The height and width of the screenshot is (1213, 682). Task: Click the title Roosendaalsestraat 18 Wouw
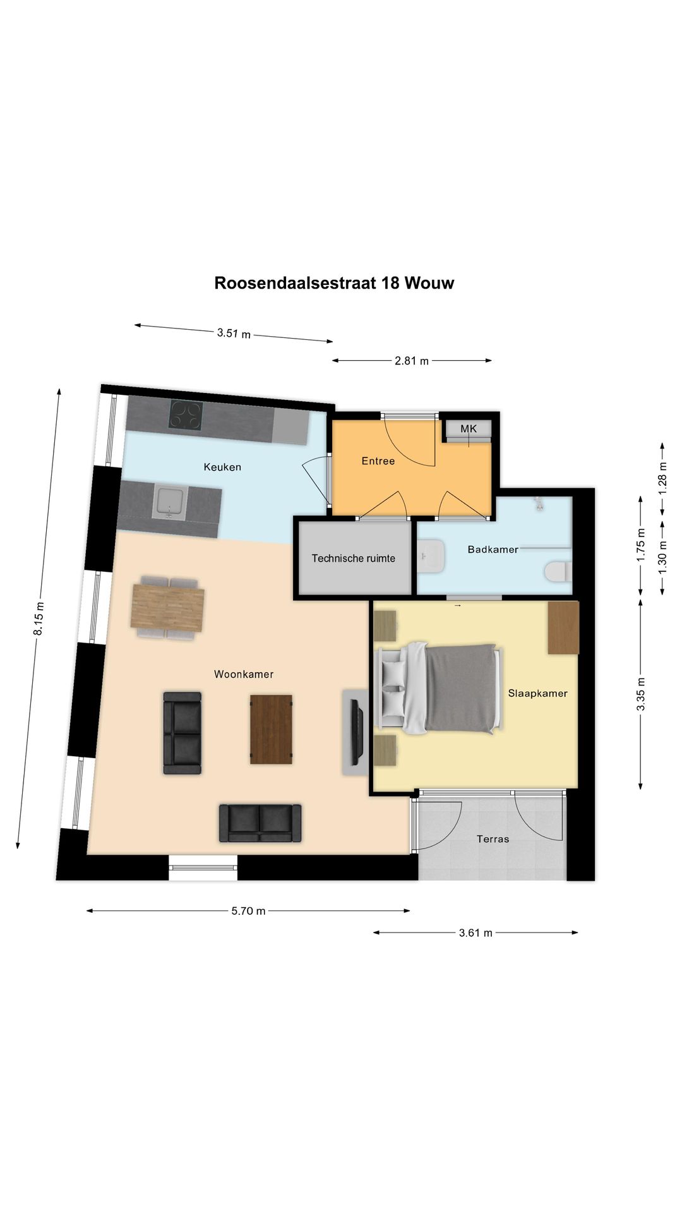point(334,282)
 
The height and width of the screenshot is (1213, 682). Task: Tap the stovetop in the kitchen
point(186,416)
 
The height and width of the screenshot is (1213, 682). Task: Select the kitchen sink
point(169,502)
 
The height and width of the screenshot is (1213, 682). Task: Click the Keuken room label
point(222,467)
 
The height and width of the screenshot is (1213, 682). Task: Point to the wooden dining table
point(167,608)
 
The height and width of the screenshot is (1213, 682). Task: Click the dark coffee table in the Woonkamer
point(271,729)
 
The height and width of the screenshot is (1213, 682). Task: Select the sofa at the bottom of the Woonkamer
point(260,823)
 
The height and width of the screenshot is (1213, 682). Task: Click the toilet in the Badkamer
point(557,572)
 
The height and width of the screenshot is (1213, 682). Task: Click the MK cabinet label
point(469,429)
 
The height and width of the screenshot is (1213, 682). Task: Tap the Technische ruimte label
point(353,558)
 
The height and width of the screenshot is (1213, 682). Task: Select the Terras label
point(493,839)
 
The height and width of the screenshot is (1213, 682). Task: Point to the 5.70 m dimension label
point(248,911)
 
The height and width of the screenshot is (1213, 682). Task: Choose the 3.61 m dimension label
point(476,932)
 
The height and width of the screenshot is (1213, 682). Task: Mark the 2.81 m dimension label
point(412,361)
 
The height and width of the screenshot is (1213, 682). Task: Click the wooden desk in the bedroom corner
point(563,627)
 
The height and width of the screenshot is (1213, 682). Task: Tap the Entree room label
point(378,461)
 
